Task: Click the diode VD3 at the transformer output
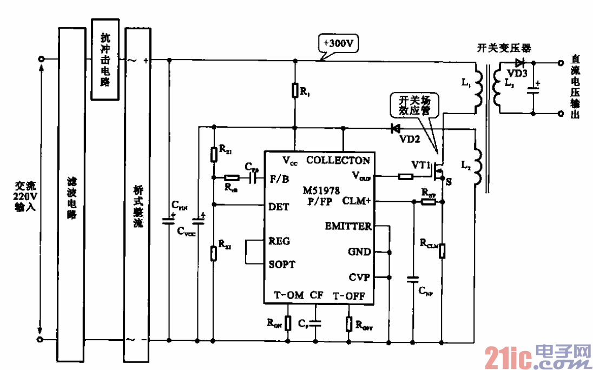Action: coord(520,63)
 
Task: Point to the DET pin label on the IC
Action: coord(279,207)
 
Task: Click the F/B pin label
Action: coord(279,179)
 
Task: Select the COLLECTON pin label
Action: coord(338,160)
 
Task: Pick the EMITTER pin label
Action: coord(348,226)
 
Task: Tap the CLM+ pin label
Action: coord(357,201)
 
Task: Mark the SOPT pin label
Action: coord(282,265)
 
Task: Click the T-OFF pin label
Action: coord(348,295)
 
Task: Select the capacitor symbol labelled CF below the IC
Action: coord(317,323)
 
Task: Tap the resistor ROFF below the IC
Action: coord(349,323)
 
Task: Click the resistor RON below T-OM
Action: coord(288,323)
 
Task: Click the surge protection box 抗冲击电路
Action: coord(105,60)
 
